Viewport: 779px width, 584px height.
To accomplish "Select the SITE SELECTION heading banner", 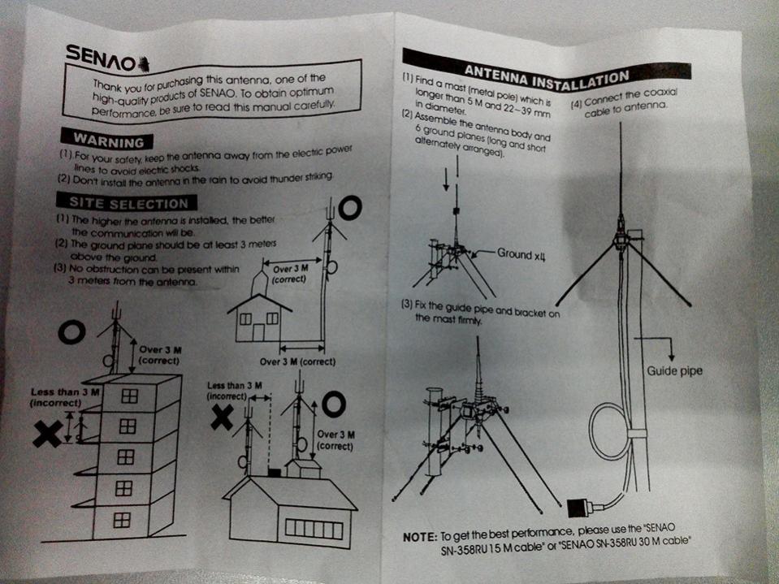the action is point(127,202).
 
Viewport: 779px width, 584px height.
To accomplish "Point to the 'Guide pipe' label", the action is point(674,371).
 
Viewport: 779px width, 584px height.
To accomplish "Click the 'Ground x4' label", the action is point(521,254).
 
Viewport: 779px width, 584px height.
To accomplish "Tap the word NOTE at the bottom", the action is point(420,537).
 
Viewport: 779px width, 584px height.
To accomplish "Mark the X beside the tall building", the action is point(48,433).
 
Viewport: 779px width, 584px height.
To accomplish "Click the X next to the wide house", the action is point(222,417).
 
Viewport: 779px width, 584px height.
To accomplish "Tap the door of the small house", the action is point(258,332).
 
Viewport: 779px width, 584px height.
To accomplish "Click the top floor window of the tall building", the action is point(129,396).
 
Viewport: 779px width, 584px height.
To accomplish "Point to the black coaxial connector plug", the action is point(579,508).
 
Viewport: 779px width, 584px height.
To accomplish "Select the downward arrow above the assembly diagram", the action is point(446,180).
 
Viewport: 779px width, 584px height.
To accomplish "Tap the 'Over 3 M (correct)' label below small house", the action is point(297,361).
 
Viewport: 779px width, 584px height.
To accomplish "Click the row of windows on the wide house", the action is point(314,529).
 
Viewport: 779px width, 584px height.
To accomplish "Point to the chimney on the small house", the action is point(260,283).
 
